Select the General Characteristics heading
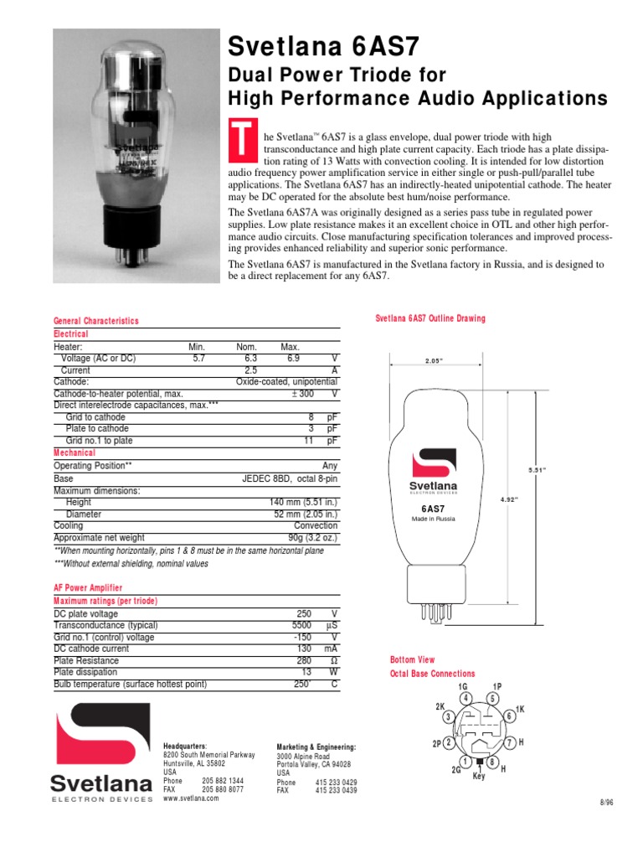pyautogui.click(x=96, y=321)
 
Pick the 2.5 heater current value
pyautogui.click(x=250, y=370)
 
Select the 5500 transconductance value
pyautogui.click(x=299, y=625)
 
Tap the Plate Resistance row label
pyautogui.click(x=86, y=660)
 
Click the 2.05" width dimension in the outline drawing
pyautogui.click(x=433, y=362)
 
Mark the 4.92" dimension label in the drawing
pyautogui.click(x=509, y=499)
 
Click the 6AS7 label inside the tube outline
pyautogui.click(x=432, y=508)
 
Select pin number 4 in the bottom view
pyautogui.click(x=464, y=698)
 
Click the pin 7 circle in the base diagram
pyautogui.click(x=508, y=743)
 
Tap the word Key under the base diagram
pyautogui.click(x=479, y=776)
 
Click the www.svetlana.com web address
pyautogui.click(x=191, y=798)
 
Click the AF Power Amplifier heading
pyautogui.click(x=88, y=589)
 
